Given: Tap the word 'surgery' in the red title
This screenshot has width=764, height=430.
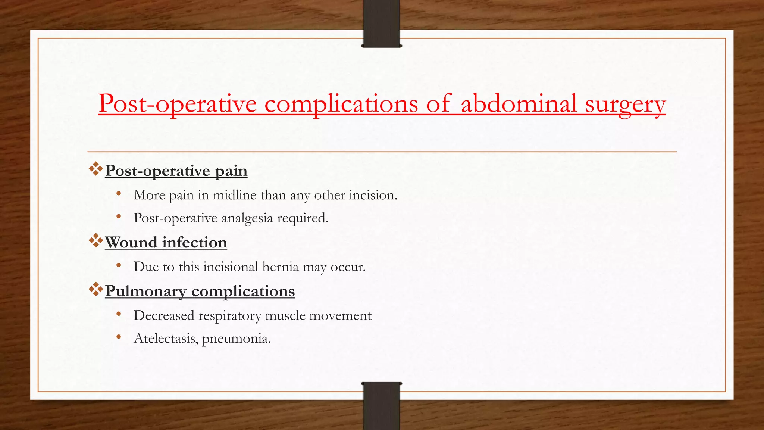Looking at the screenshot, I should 625,105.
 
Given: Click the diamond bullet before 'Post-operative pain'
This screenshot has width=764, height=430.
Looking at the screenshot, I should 96,169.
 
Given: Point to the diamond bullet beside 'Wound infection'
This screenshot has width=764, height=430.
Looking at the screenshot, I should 96,241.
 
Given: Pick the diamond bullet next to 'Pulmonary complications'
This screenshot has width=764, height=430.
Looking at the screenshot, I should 96,290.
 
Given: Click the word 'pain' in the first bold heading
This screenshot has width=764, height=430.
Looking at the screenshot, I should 231,171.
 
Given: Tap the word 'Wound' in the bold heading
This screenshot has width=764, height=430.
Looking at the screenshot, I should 131,243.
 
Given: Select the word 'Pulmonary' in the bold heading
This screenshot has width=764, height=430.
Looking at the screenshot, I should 145,292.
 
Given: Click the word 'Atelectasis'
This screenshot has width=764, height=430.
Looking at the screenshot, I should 166,339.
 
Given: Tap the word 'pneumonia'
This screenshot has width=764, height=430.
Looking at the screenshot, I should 236,339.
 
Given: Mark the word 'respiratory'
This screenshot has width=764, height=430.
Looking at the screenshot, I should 230,316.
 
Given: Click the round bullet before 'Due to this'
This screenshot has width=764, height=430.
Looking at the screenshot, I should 119,265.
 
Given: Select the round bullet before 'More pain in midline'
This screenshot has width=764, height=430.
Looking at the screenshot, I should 119,194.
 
